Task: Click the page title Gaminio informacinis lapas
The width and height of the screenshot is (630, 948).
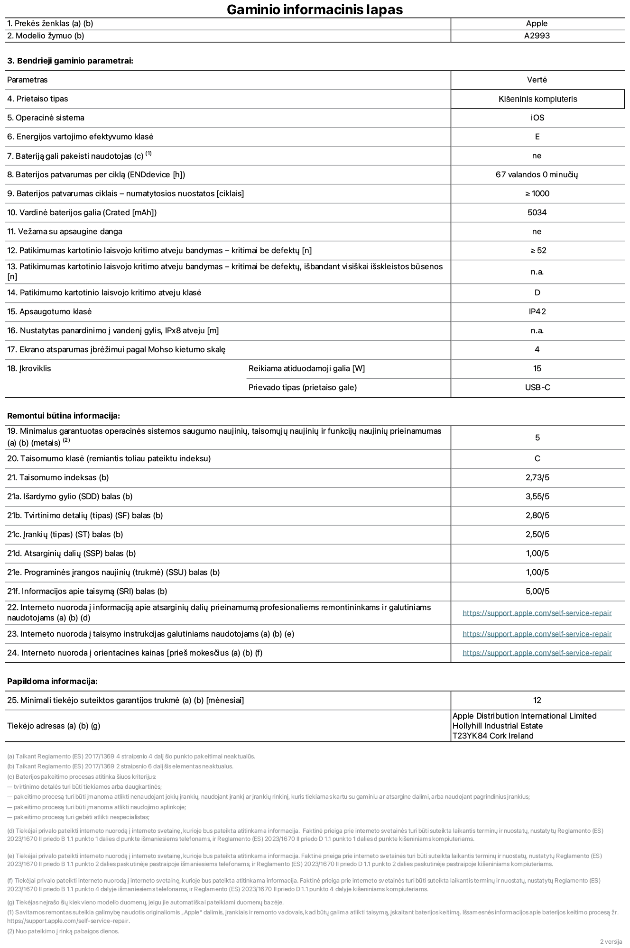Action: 315,9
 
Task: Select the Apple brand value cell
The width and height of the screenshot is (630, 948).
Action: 537,23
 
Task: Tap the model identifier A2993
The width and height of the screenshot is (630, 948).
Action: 537,36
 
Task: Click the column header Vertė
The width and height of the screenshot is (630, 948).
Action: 537,80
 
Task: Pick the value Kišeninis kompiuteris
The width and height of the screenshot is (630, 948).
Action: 537,99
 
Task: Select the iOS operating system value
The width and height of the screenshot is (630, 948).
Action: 537,118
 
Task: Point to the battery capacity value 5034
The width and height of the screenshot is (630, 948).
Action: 537,212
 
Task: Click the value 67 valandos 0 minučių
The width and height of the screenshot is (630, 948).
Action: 537,174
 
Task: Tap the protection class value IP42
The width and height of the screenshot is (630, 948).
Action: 537,311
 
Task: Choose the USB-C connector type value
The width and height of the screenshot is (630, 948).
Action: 537,387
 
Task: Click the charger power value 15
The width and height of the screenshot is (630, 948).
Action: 537,368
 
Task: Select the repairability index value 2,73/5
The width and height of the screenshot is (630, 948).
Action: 537,477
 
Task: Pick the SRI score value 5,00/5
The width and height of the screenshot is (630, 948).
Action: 537,591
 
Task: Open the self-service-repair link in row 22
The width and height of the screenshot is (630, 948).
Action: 537,613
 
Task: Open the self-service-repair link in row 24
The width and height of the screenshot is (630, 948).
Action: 537,653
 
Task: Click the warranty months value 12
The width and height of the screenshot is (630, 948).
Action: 537,700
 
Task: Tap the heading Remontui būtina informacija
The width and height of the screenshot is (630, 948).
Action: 64,416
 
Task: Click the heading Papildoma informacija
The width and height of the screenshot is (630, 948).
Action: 52,681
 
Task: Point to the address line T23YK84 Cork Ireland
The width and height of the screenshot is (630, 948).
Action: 492,736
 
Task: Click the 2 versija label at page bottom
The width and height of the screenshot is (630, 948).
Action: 611,941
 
